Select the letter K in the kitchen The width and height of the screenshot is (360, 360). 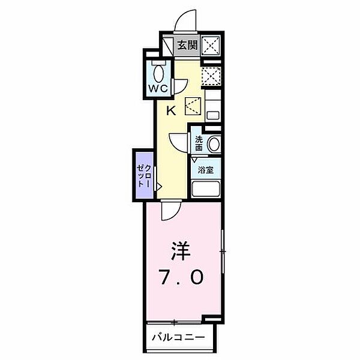170,110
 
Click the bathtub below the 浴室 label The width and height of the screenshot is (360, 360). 206,190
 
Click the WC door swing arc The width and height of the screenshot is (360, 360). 181,84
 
